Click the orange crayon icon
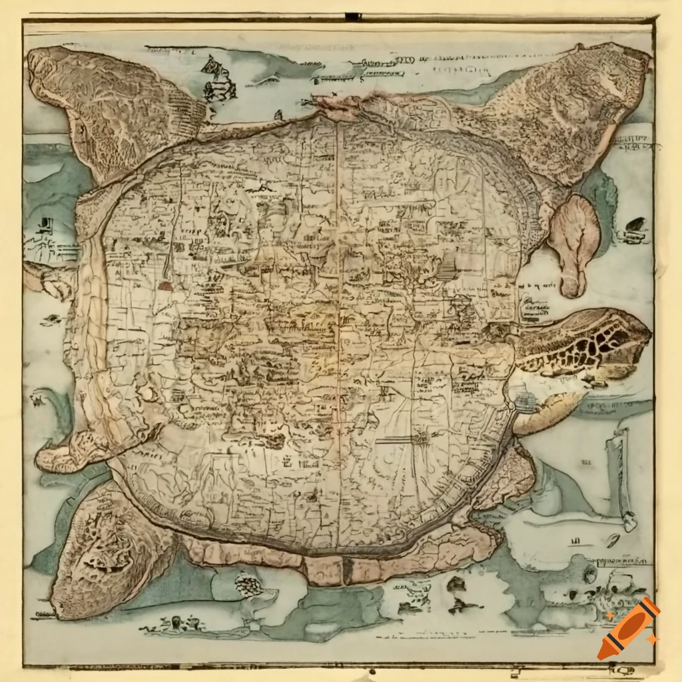[x=628, y=628]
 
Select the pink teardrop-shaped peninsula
[x=573, y=243]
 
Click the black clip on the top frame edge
[x=353, y=17]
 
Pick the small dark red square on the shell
[x=165, y=286]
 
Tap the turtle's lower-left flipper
[x=107, y=539]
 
